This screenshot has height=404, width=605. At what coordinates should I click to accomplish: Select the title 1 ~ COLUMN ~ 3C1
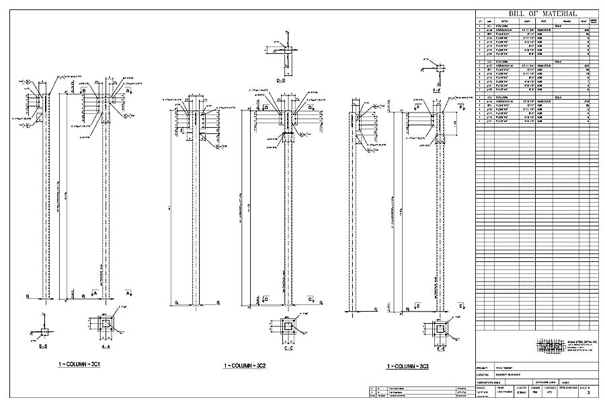[79, 364]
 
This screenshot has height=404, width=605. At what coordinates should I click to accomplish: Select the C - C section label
[288, 349]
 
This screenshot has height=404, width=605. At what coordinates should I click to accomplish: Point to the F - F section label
[437, 89]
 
